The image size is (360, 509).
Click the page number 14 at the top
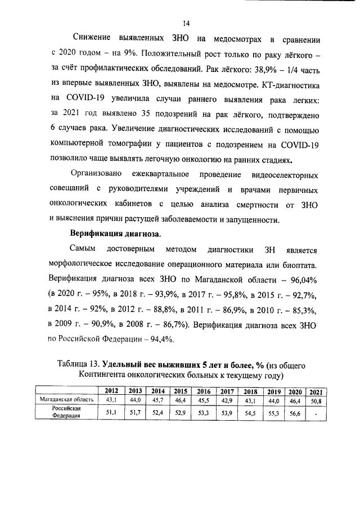186,23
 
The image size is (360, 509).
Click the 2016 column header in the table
203,391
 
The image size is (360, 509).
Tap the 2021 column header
316,391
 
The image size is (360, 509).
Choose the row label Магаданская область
62,399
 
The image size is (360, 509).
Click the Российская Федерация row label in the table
63,412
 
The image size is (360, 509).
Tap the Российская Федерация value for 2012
111,412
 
